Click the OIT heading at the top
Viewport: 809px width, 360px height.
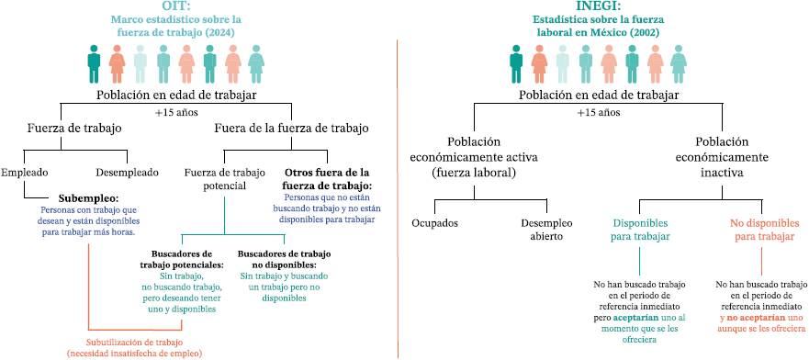176,6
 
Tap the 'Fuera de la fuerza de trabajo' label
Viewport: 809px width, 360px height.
291,129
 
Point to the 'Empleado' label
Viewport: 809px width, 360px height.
24,173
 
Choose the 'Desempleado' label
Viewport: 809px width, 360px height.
127,173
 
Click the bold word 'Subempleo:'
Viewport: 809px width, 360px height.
89,198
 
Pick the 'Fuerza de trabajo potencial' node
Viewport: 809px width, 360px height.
224,178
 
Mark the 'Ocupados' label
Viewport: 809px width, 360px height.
435,224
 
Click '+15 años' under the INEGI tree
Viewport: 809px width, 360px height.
598,112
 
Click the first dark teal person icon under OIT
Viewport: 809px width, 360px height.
94,63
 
